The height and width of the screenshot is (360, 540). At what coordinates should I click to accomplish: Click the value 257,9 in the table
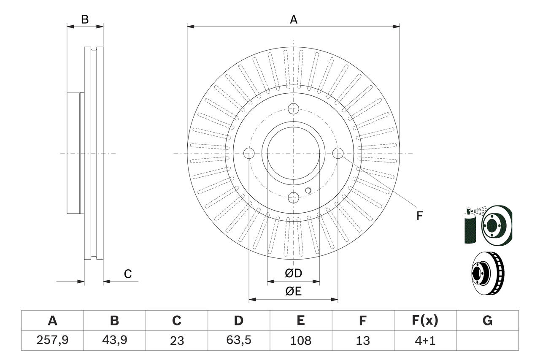click(52, 340)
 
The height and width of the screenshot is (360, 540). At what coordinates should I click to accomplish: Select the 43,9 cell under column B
click(114, 340)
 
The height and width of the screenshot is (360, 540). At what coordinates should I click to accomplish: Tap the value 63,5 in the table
click(239, 340)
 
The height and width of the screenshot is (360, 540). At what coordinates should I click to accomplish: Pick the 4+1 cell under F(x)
click(425, 340)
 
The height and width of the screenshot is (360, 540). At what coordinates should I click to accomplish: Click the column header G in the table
click(487, 321)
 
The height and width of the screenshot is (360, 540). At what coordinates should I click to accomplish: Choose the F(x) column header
click(425, 321)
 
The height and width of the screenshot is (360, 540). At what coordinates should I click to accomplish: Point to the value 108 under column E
click(301, 340)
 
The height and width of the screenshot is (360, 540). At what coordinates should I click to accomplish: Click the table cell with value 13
click(363, 340)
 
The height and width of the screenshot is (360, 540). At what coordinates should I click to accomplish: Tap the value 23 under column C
click(176, 340)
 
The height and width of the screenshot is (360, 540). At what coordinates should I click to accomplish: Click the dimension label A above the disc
click(293, 19)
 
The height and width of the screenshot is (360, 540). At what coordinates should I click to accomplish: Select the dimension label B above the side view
click(85, 19)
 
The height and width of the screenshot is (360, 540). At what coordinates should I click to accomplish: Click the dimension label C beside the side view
click(128, 274)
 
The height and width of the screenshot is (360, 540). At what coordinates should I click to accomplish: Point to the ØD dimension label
click(293, 273)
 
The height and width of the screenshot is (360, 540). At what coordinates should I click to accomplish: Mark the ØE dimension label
click(293, 292)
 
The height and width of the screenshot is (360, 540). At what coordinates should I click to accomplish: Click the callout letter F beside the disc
click(419, 216)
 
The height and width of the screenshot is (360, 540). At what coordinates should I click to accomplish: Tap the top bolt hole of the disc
click(294, 108)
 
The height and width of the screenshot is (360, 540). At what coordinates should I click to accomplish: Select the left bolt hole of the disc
click(249, 153)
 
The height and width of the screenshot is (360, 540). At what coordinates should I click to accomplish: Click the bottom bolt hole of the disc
click(294, 198)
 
